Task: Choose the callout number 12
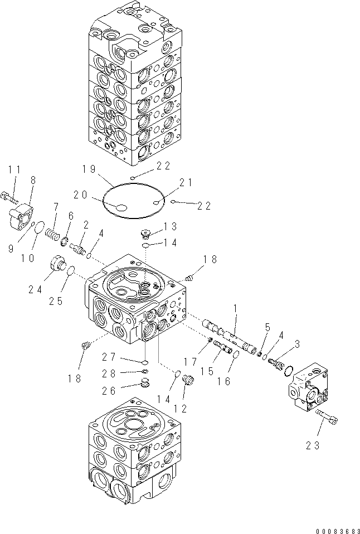click(180, 409)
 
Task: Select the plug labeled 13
click(147, 235)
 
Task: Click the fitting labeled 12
click(187, 381)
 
